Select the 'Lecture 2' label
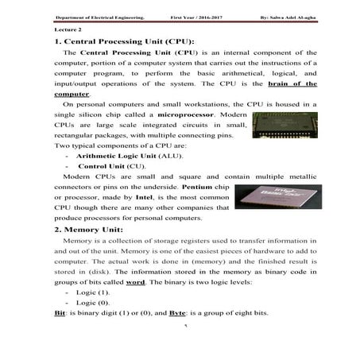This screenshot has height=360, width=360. pos(57,27)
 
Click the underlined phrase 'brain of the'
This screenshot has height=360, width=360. pos(292,83)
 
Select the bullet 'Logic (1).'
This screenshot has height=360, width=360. pos(94,292)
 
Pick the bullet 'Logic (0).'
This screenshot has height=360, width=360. pos(94,303)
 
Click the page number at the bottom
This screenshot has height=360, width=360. pos(184,326)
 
